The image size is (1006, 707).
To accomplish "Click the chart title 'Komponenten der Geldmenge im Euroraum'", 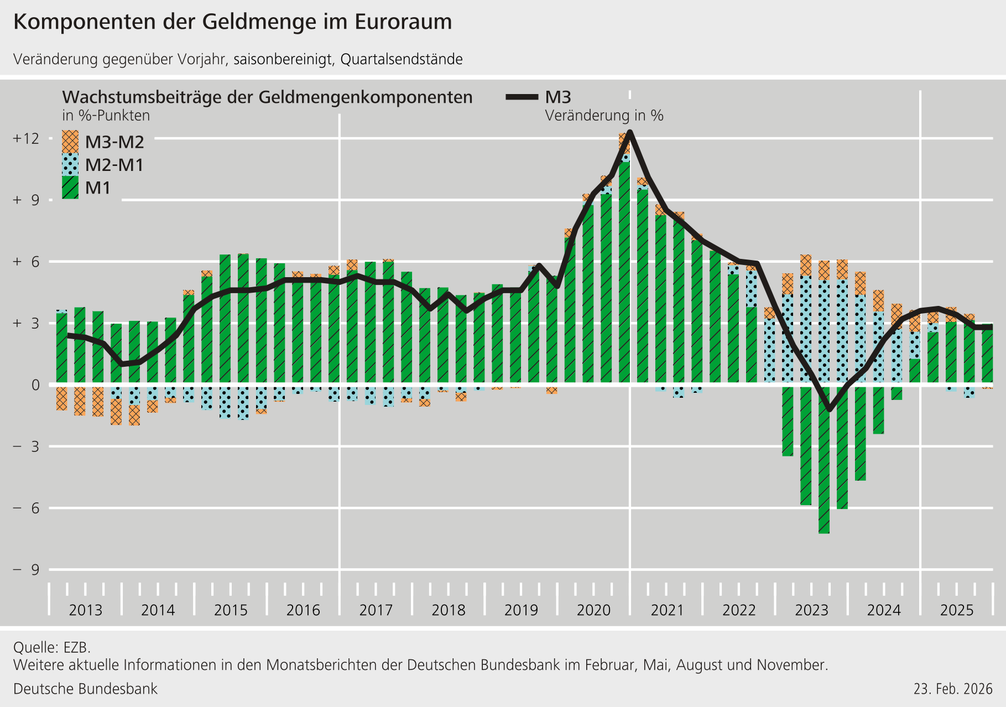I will (x=232, y=22).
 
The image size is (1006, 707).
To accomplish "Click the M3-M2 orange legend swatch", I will (x=70, y=142).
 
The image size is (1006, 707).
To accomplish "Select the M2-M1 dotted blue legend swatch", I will (x=70, y=164).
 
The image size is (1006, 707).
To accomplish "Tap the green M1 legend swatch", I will (x=70, y=188).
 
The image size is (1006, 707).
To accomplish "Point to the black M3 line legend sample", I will (x=522, y=97).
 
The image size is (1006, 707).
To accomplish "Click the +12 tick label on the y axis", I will (x=26, y=138).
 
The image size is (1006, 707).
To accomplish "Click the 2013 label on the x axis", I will (x=85, y=610).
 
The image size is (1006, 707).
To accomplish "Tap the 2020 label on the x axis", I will (x=593, y=610).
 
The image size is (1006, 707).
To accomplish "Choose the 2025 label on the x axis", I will (x=957, y=610).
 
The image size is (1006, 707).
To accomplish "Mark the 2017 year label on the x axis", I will (x=376, y=610).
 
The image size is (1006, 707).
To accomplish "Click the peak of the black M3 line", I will (x=630, y=132).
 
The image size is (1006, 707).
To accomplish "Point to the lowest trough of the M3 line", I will (x=828, y=410).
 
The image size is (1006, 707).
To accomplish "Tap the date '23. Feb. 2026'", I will (x=953, y=689).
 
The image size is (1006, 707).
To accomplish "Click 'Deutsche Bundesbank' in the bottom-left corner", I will (x=85, y=689).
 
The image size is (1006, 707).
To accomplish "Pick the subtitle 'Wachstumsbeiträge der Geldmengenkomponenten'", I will (x=267, y=97).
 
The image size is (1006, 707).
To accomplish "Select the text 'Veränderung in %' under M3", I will (x=604, y=116).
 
